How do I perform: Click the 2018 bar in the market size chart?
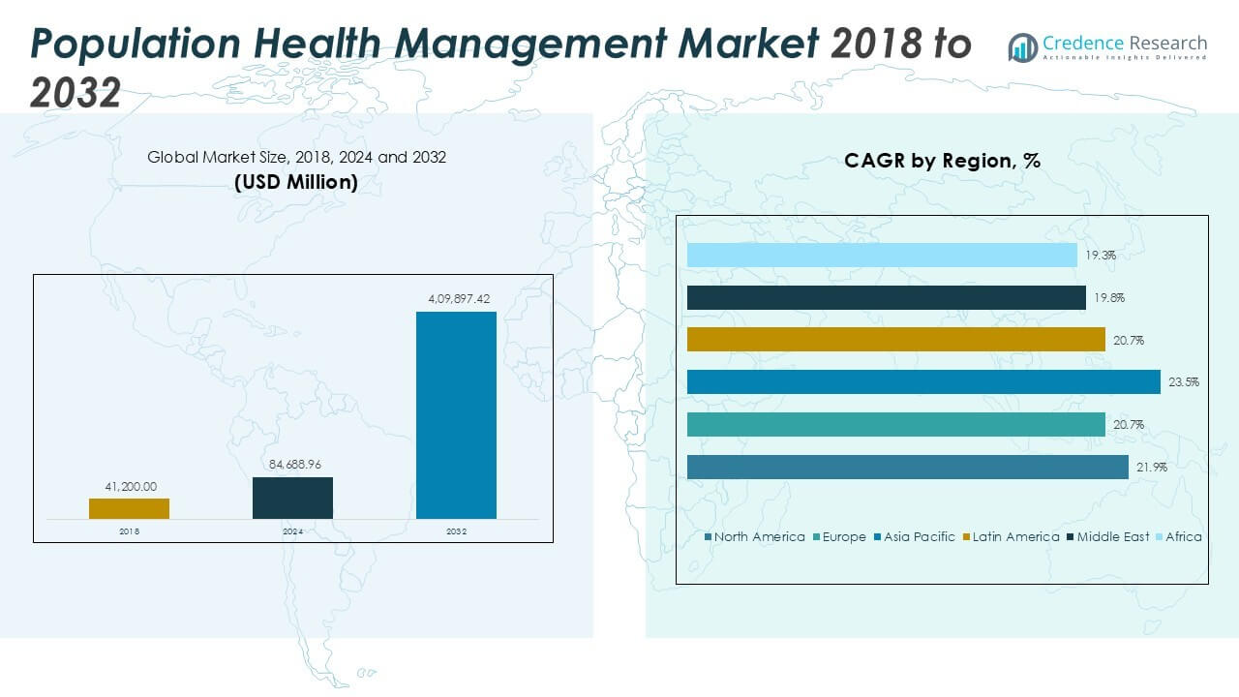point(129,508)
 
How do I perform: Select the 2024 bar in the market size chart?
point(292,498)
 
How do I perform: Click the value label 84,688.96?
point(292,467)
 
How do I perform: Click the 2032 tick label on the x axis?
point(456,531)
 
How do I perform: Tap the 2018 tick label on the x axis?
point(129,531)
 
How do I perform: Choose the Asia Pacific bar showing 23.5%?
point(922,382)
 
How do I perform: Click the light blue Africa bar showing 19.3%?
point(882,255)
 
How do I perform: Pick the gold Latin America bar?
point(895,339)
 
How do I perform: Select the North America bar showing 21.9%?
point(907,467)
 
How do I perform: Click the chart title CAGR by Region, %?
point(942,161)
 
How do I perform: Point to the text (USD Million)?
point(296,182)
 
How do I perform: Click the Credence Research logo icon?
point(1022,47)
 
